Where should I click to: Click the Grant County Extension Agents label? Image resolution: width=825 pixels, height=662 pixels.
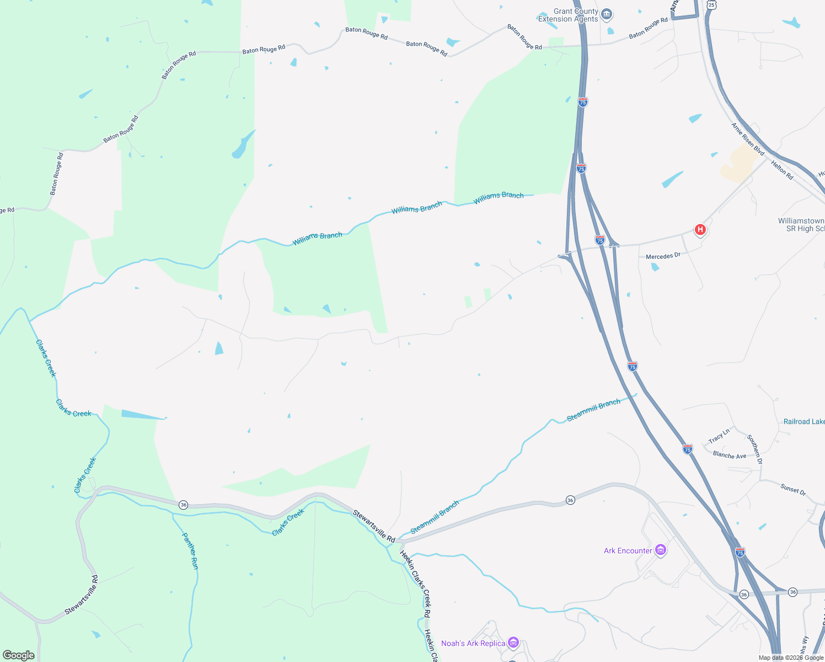[568, 15]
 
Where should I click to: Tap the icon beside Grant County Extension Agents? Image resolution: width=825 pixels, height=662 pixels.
[607, 14]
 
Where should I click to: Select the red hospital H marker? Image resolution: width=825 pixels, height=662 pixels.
[700, 229]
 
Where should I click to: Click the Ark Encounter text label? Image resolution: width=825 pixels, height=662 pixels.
[628, 551]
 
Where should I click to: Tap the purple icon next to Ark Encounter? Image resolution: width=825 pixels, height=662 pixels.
[661, 550]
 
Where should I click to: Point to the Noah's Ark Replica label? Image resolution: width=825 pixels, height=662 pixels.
[473, 643]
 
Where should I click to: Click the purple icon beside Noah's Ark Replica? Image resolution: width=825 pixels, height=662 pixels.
[513, 643]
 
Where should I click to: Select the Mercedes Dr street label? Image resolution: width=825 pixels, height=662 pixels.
[663, 256]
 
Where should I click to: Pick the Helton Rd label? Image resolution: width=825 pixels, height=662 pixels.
[782, 170]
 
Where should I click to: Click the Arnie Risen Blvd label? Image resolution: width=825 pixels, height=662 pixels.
[748, 139]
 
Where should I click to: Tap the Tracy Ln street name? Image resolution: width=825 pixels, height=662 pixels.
[719, 436]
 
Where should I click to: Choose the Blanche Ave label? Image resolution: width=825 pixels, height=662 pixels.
[729, 455]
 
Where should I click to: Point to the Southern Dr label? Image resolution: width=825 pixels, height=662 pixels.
[754, 449]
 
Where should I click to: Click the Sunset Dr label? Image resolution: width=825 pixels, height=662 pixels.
[793, 489]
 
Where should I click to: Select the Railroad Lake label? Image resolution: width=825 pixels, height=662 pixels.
[804, 421]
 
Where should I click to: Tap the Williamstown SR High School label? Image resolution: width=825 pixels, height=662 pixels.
[801, 225]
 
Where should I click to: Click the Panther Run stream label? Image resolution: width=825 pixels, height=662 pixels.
[190, 551]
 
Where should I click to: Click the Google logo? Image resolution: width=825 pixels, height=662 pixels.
[19, 655]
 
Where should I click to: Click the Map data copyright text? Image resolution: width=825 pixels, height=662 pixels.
[791, 658]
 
